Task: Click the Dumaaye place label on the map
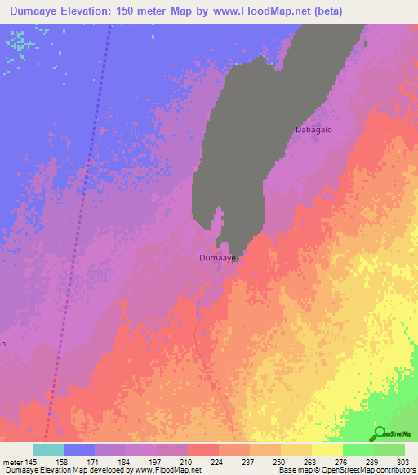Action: tap(218, 258)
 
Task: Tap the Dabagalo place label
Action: tap(314, 130)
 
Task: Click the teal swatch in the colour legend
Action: tap(48, 450)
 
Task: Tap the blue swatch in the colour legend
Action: tap(79, 450)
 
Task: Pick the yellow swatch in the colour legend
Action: tap(327, 450)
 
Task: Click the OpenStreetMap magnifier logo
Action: tap(378, 433)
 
